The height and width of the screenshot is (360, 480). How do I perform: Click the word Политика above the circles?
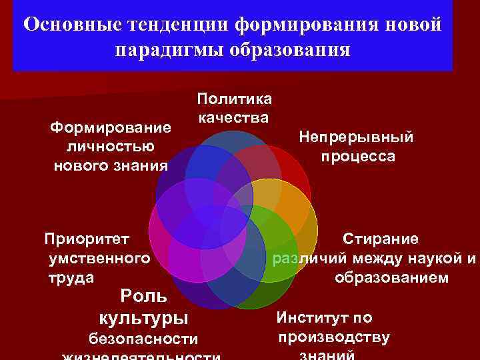click(x=234, y=99)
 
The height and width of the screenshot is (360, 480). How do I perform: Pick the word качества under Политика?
click(x=233, y=118)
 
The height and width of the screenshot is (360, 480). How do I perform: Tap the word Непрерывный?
click(x=356, y=137)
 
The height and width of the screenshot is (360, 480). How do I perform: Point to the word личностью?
click(x=111, y=145)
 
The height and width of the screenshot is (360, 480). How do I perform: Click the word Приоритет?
click(x=86, y=238)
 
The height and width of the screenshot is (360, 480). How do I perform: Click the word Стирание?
click(x=381, y=238)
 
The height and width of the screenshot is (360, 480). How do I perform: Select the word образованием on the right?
click(x=391, y=277)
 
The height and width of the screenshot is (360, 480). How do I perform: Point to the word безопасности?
click(x=143, y=339)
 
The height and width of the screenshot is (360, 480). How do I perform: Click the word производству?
click(x=335, y=337)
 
